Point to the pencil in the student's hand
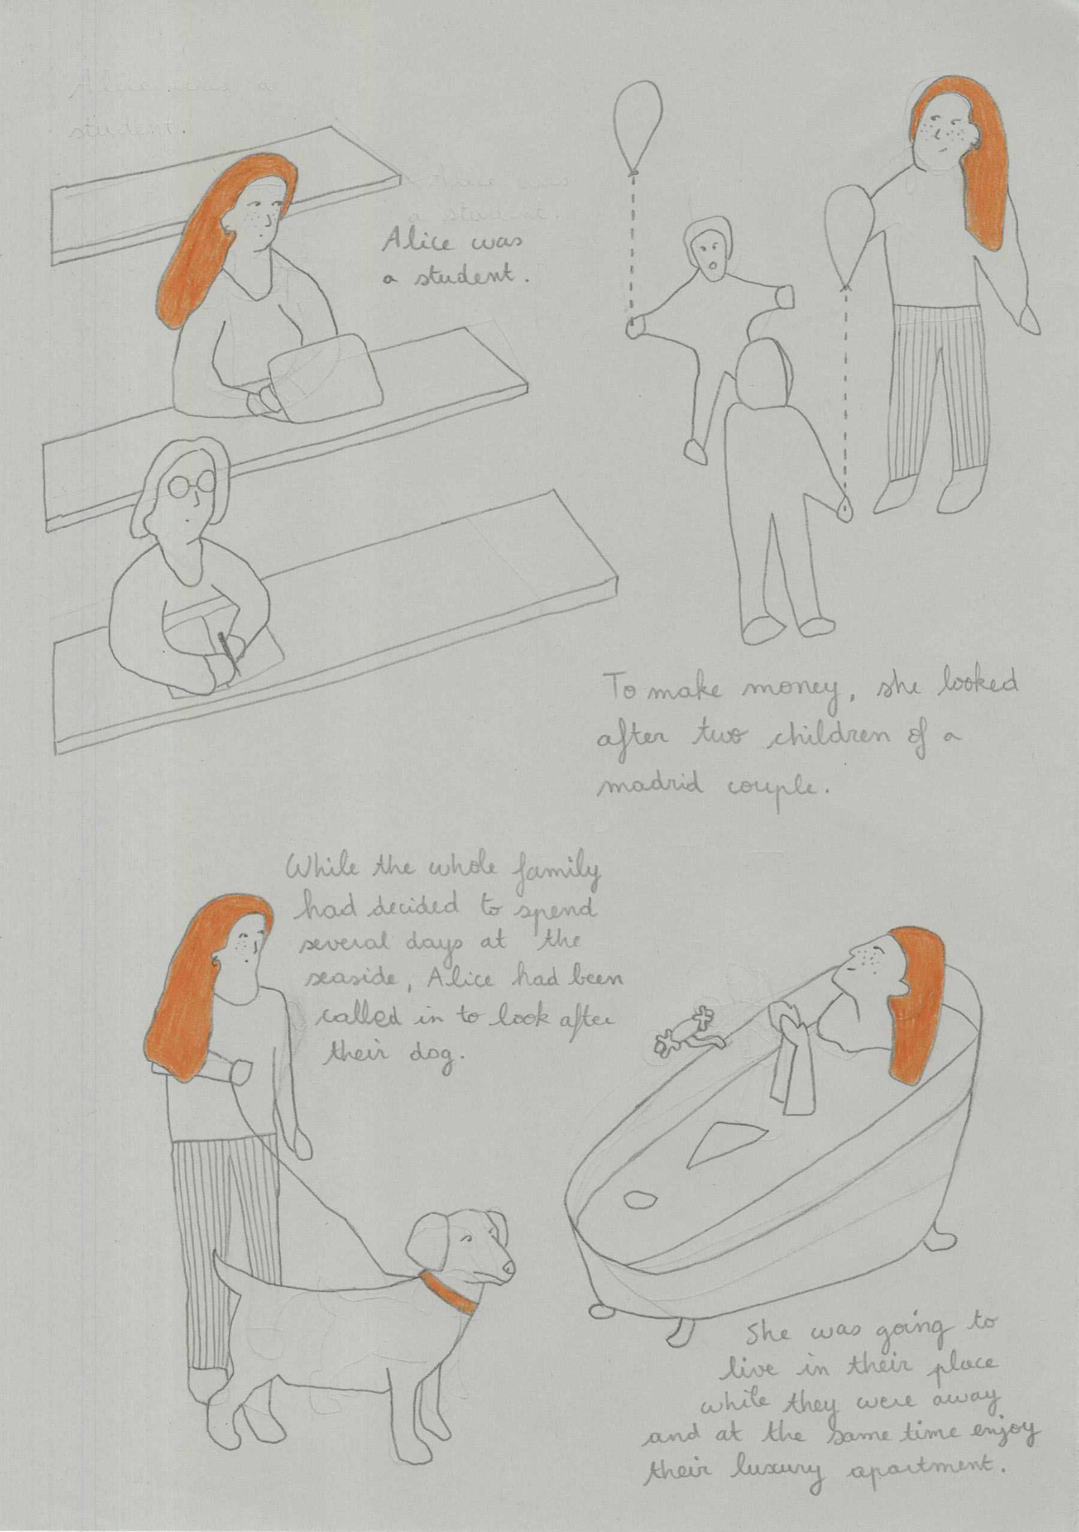pyautogui.click(x=228, y=653)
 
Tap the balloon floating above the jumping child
pyautogui.click(x=638, y=124)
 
